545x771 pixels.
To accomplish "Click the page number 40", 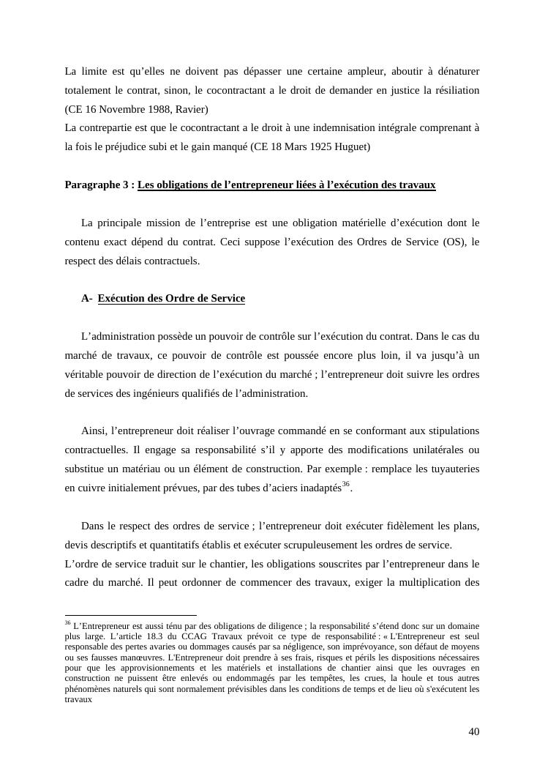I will point(473,731).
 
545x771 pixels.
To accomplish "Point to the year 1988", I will point(152,109).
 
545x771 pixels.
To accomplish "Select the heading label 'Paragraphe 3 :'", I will point(99,185).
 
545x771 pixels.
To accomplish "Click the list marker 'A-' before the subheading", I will point(87,298).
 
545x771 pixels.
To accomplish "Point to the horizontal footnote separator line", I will point(131,616).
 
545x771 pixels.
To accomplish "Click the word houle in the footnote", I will point(401,678).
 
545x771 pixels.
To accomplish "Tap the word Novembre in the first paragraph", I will point(110,109).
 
